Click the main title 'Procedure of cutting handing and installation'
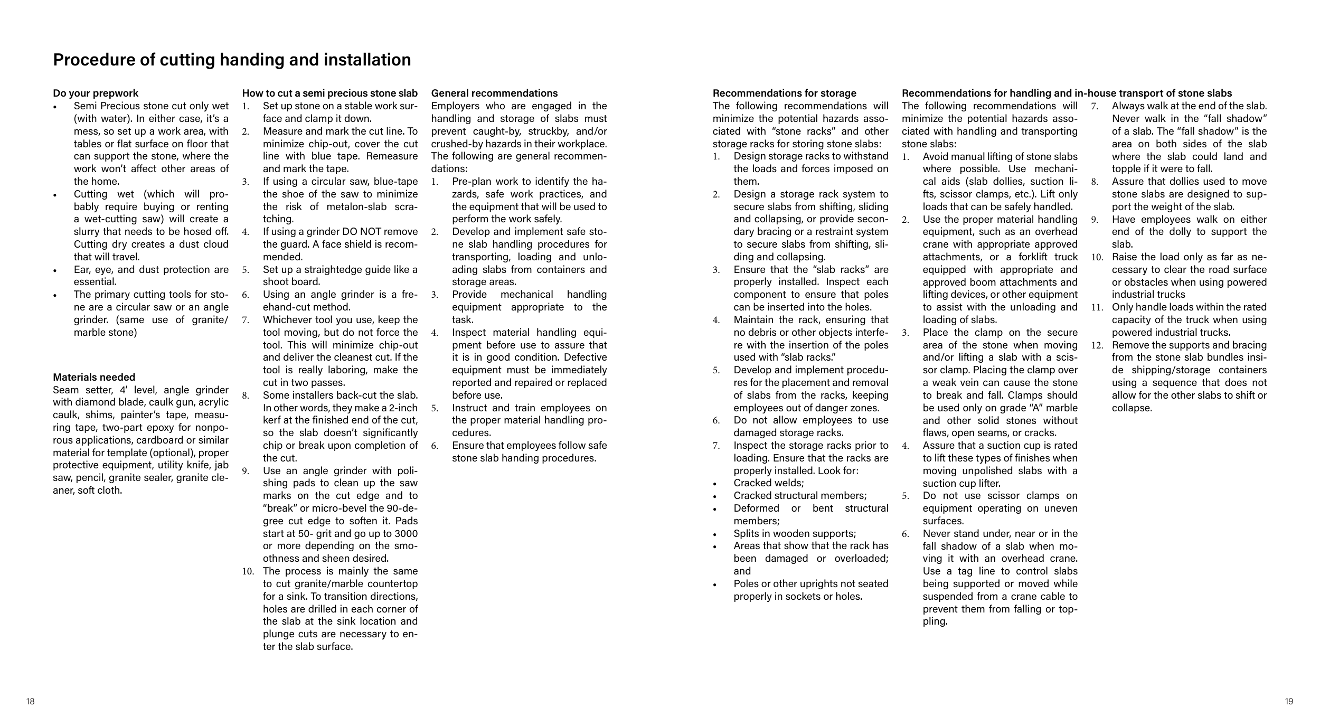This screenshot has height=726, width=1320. [232, 60]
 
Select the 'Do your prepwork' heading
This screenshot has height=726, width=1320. [96, 93]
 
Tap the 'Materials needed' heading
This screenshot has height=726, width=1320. [94, 377]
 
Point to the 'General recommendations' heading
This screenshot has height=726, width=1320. [494, 93]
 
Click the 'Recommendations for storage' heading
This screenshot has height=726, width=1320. [785, 93]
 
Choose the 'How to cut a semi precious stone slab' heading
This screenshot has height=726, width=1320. [329, 93]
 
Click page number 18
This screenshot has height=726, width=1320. [31, 702]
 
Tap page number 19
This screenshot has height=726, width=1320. [1289, 702]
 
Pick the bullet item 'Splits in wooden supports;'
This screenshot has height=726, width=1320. [795, 534]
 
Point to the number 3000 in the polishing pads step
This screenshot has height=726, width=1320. [406, 534]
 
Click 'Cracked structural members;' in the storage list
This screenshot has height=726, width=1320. [800, 496]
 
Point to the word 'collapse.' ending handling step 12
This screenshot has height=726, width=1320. [1132, 408]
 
